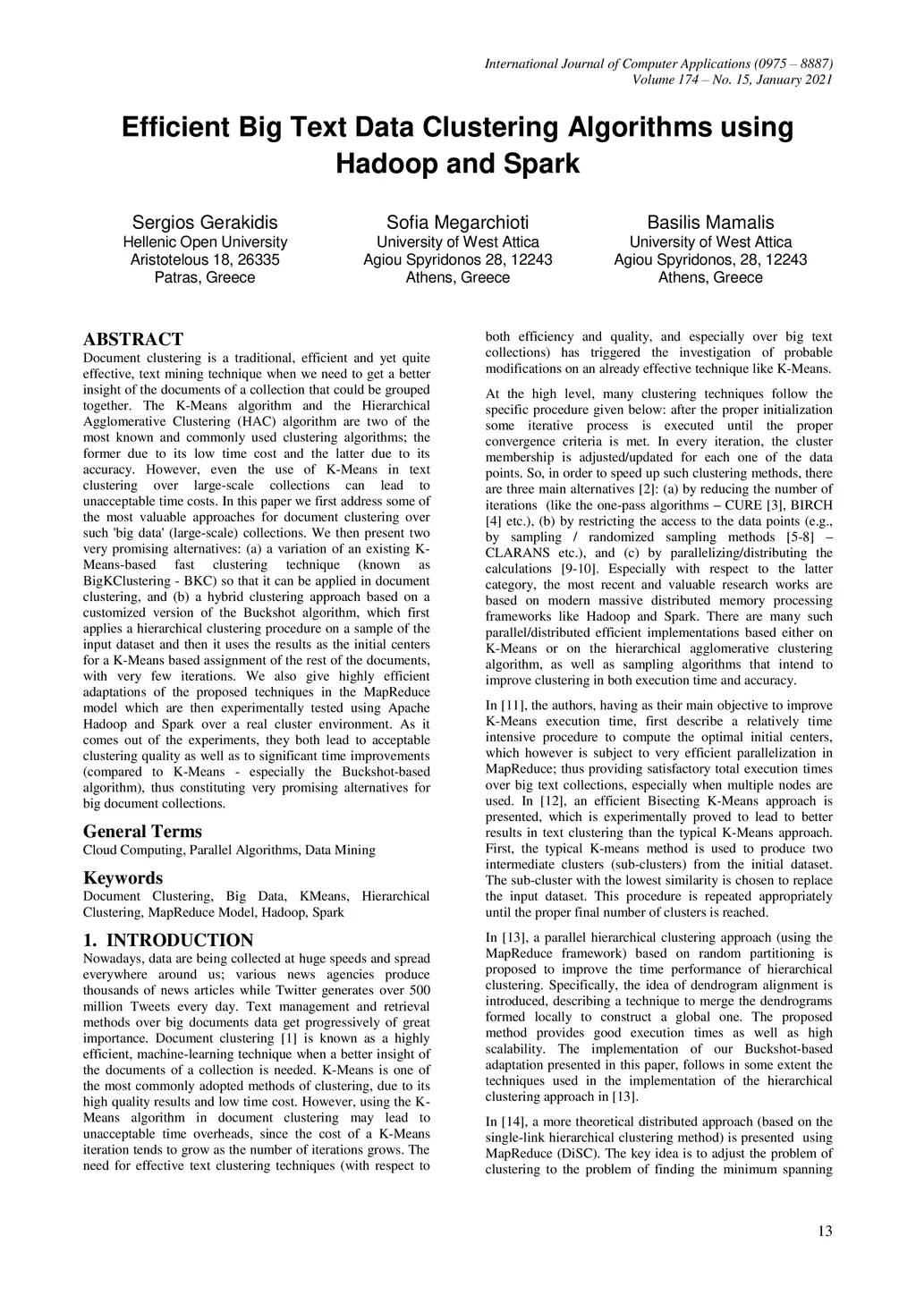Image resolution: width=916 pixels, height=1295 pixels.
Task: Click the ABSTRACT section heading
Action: pos(132,339)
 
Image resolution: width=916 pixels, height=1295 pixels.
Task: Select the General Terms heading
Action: pos(142,831)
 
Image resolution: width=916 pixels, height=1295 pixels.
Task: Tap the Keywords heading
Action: pos(123,877)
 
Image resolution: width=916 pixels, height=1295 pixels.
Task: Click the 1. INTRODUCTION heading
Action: pos(168,940)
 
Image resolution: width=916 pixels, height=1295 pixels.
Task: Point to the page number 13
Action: pos(825,1231)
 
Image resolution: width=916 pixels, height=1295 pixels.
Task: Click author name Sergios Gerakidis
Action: pos(205,223)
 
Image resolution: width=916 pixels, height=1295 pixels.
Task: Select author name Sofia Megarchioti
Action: pos(457,223)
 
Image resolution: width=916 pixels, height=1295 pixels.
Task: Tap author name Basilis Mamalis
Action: pos(710,223)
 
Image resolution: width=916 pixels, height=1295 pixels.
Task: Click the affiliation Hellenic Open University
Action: pos(205,242)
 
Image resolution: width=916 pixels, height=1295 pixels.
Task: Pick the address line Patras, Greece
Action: pos(205,277)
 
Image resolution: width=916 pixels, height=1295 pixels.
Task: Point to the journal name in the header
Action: pos(658,63)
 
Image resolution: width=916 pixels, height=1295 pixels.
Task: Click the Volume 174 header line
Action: pos(732,80)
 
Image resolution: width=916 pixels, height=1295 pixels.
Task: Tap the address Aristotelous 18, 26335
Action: pos(205,260)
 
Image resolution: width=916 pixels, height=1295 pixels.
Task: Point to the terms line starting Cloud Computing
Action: pos(229,850)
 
